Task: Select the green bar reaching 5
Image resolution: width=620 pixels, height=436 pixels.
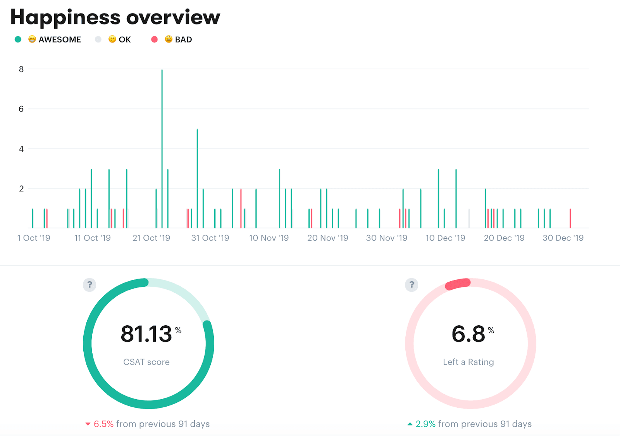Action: tap(197, 178)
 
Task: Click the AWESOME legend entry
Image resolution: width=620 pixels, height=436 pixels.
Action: tap(60, 39)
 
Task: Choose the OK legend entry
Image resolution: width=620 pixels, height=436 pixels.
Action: tap(124, 39)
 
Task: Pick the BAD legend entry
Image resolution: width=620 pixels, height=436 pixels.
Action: tap(183, 39)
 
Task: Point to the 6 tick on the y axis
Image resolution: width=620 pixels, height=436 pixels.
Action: tap(21, 109)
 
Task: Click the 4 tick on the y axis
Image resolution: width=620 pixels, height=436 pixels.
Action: tap(21, 149)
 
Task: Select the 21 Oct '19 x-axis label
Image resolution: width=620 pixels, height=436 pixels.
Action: tap(152, 238)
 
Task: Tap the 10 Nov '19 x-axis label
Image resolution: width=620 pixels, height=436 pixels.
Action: tap(269, 238)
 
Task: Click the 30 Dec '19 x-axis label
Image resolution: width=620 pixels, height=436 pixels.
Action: tap(563, 238)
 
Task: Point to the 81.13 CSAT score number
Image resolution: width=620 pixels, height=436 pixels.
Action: tap(146, 334)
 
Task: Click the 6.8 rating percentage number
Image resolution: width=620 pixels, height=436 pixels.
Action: tap(468, 334)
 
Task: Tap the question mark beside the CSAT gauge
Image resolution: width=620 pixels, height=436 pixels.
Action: tap(90, 285)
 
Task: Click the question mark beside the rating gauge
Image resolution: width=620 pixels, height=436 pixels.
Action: tap(412, 285)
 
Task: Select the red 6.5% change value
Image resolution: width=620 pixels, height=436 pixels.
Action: tap(103, 424)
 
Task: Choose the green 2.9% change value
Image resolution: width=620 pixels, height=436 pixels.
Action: tap(425, 424)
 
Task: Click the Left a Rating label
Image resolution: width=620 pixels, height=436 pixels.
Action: tap(468, 362)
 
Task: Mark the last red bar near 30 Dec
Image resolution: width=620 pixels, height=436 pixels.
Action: tap(570, 219)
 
